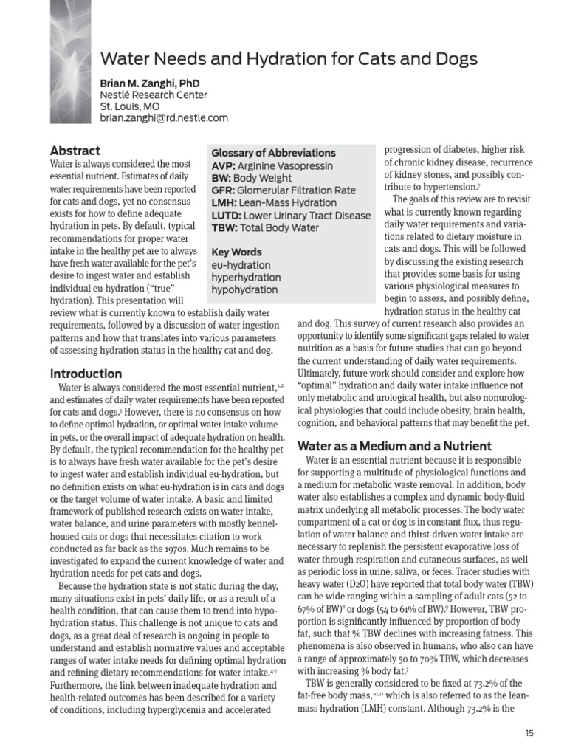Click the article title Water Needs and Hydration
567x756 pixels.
click(x=289, y=59)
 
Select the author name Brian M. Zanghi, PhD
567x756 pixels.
click(x=150, y=83)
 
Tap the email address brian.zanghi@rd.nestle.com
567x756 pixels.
click(x=164, y=117)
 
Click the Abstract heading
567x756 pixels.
click(x=75, y=151)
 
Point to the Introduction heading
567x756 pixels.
click(x=86, y=373)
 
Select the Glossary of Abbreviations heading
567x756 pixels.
click(x=273, y=153)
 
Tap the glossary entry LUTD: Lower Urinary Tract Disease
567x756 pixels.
click(x=291, y=216)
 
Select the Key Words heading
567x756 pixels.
click(x=236, y=252)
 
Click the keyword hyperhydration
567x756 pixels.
click(x=244, y=278)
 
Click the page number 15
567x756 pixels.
click(x=529, y=732)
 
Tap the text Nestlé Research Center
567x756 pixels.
click(x=154, y=95)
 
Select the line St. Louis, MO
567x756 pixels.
click(x=130, y=106)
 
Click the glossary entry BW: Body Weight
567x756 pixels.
click(x=251, y=178)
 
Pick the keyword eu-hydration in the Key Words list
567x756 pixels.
click(x=241, y=265)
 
